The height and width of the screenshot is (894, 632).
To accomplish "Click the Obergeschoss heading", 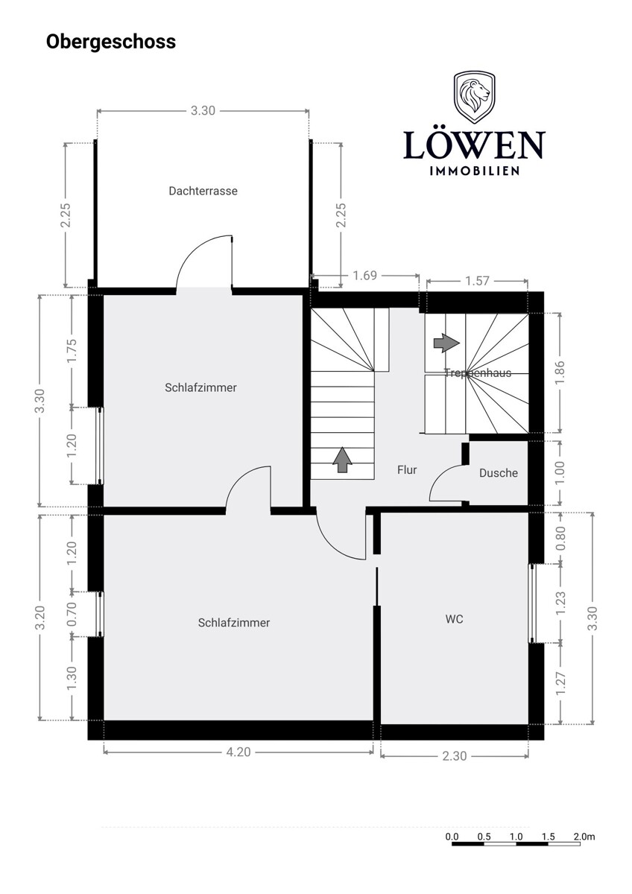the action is coord(111,42).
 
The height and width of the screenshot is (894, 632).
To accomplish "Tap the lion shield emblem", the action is coord(474,97).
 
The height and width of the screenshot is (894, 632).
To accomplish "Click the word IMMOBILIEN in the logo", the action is coord(474,171).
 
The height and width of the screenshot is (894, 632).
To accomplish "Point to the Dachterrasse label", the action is coord(203,191).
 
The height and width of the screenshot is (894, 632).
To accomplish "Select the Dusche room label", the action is coord(499,473).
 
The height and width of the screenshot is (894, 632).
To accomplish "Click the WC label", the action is coord(455,619).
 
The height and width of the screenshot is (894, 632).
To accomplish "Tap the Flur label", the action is coord(407,470).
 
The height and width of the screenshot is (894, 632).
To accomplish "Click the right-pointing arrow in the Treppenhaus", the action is coord(446,343).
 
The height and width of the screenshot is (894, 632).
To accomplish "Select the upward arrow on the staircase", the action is coord(343,460).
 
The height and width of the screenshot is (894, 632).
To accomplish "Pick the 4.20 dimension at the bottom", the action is coord(238,752).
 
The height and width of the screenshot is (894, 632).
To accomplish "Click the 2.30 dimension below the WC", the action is coord(455,756).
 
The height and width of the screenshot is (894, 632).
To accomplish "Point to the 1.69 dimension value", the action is coord(365,276).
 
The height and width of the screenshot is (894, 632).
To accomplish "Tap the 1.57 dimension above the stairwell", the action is coord(477,281).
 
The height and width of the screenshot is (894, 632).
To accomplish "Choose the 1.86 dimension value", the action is coord(560,372).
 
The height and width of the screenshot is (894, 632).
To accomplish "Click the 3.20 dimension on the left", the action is coord(40,618).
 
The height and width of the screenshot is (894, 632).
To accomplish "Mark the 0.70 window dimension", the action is coord(72,614).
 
